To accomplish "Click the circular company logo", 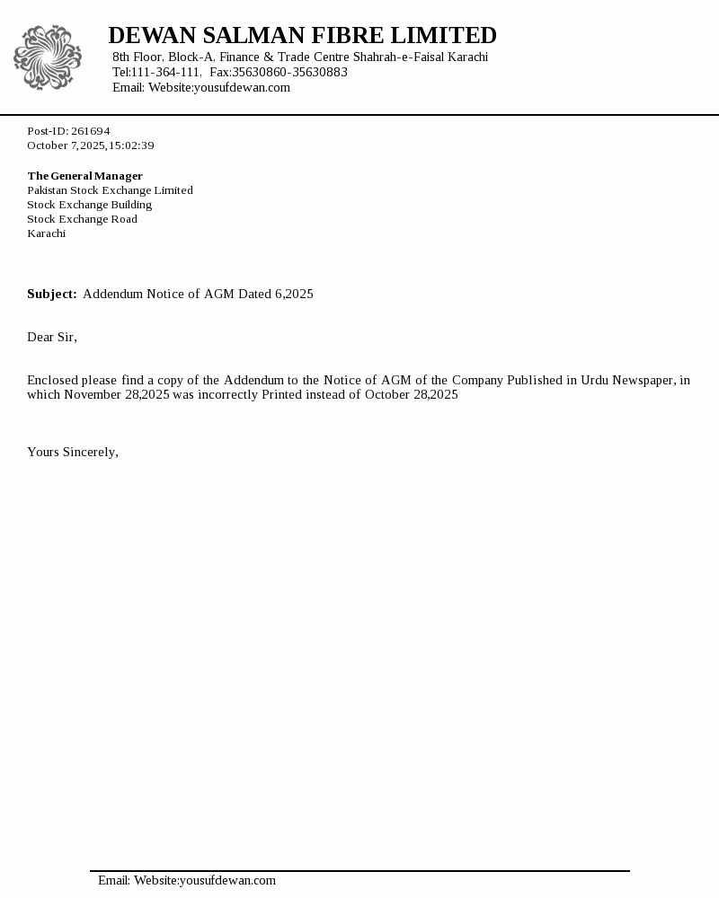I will click(48, 57).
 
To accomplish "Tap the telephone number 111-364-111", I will click(166, 73).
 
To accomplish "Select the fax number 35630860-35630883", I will click(289, 73).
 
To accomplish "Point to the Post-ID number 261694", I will click(90, 131).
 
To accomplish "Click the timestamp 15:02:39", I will click(131, 145).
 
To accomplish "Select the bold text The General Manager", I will click(84, 176).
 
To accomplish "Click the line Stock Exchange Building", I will click(89, 205).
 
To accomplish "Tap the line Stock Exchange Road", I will click(82, 219).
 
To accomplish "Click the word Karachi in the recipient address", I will click(46, 233).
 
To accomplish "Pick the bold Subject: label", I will click(51, 295).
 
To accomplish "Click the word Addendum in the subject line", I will click(112, 295).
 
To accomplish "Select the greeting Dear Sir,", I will click(52, 338).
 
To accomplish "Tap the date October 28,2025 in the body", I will click(411, 395).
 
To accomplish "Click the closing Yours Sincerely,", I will click(73, 453).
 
